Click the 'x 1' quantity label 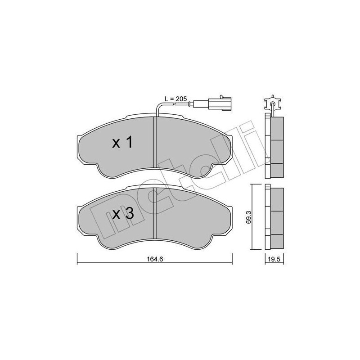[x=122, y=144]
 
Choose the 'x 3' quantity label [x=122, y=214]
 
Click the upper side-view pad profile [x=275, y=141]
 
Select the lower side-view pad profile [x=275, y=218]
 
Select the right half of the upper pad [x=191, y=144]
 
